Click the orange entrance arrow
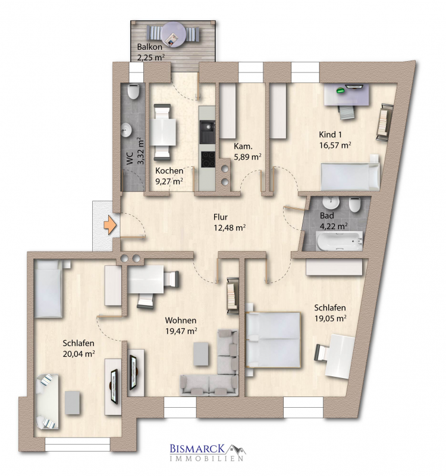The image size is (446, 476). pos(110,225)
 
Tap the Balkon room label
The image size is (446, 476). pos(149,47)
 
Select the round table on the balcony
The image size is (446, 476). pos(173,34)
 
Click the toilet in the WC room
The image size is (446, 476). pos(133,91)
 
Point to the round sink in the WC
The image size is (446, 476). pos(125,130)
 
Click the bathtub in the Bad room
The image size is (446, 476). pos(340,241)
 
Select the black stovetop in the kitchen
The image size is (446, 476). pos(208,159)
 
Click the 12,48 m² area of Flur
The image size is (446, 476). pos(230,227)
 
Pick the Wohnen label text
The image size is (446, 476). pos(180,320)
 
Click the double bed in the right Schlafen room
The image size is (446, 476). pos(273,340)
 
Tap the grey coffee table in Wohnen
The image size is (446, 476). pos(202,354)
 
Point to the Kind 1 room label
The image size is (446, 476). pos(330,134)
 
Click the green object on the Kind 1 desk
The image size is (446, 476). pos(341,90)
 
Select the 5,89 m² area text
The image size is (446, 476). pos(247,157)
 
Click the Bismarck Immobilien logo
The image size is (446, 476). pos(208,452)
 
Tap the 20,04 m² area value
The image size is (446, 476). pos(79,354)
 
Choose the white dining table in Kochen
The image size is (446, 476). pos(163,132)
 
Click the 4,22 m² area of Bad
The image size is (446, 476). pos(334,226)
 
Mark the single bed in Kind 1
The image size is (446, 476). pos(350,177)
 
